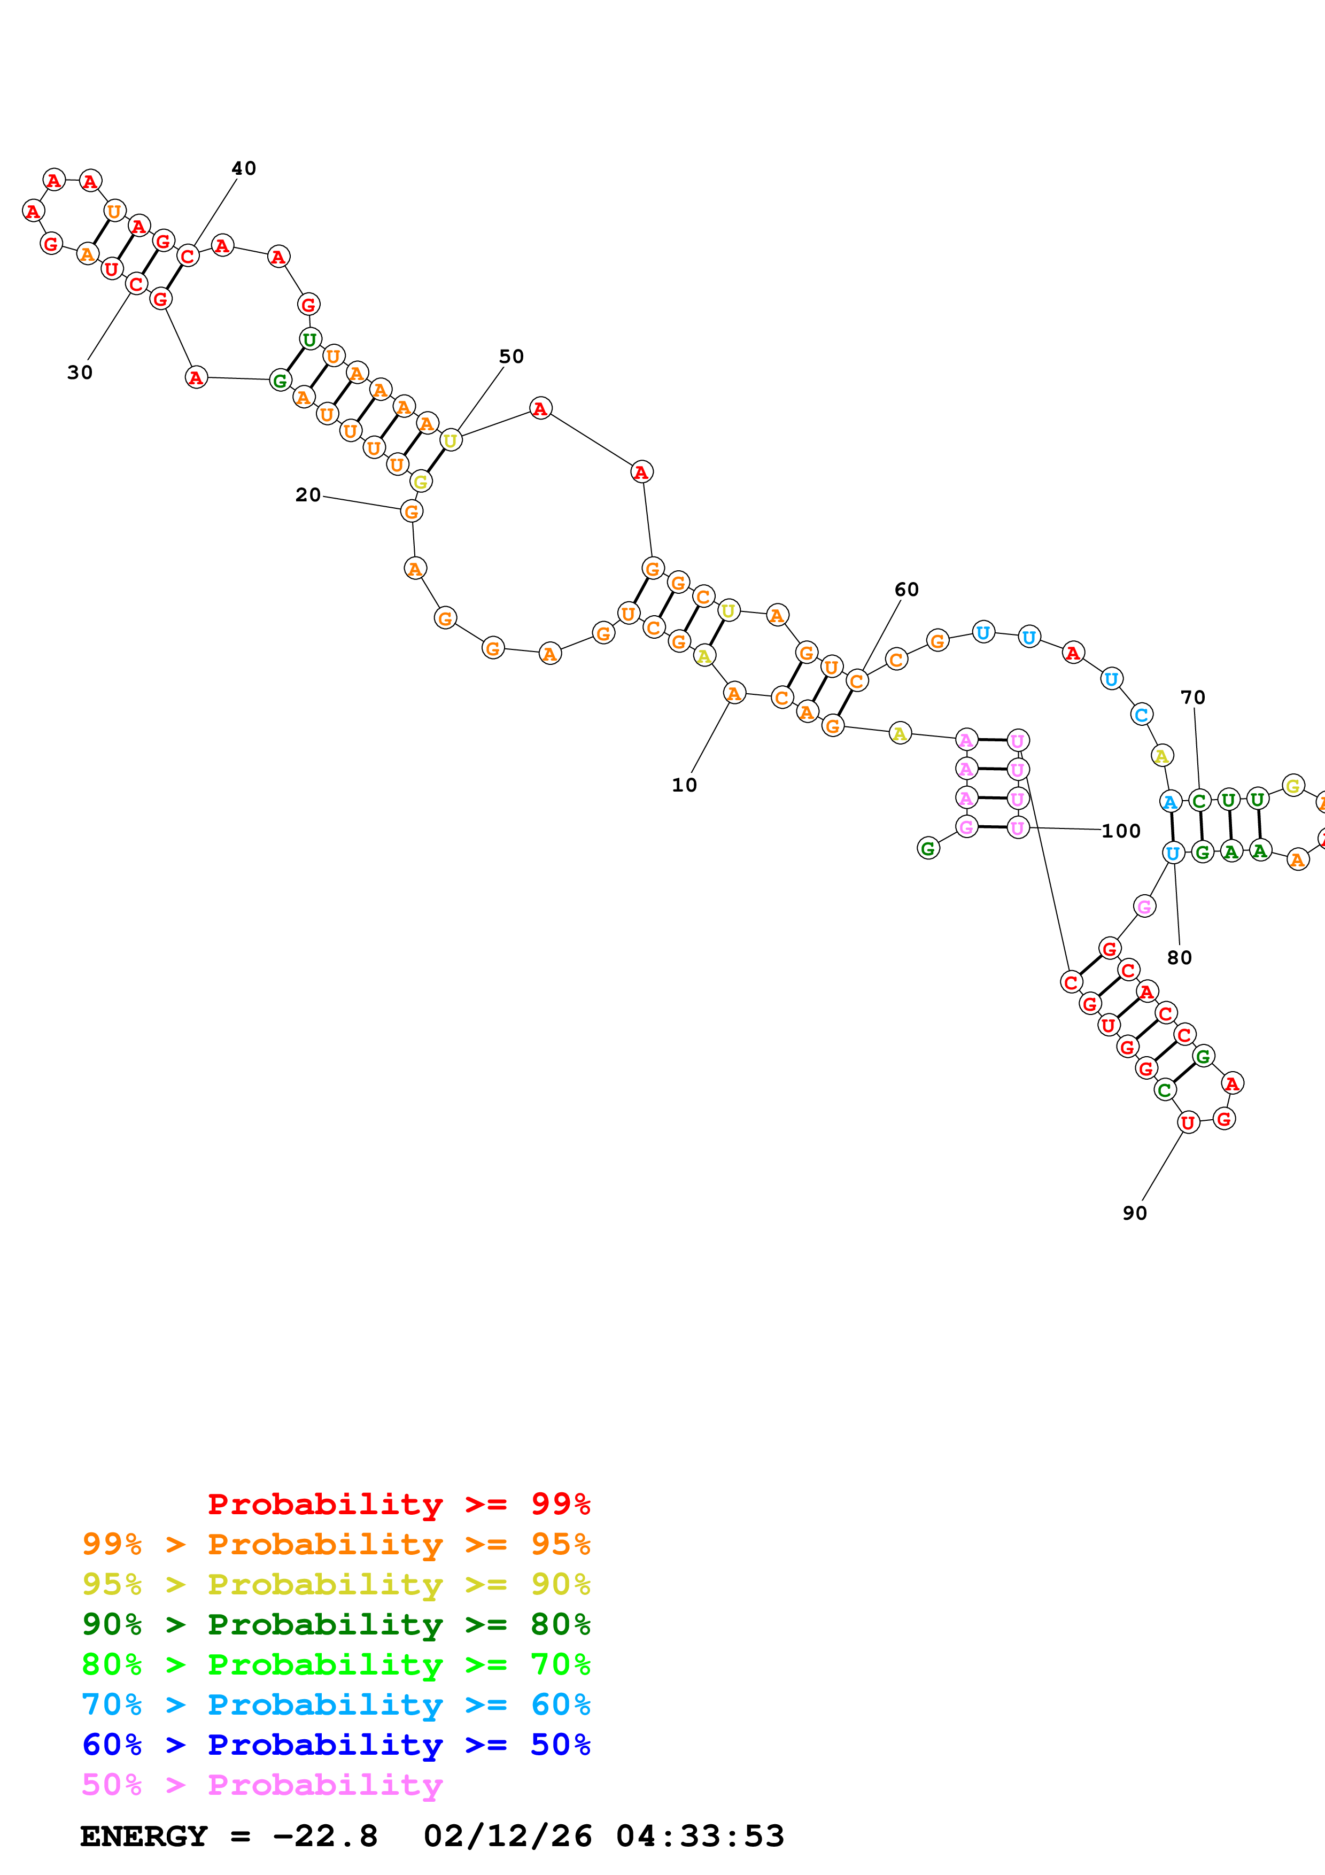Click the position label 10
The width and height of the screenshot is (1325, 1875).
pyautogui.click(x=684, y=785)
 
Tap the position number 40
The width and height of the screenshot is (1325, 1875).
pyautogui.click(x=243, y=168)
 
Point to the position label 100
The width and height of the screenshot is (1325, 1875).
pyautogui.click(x=1121, y=831)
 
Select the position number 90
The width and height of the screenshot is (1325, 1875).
pyautogui.click(x=1135, y=1213)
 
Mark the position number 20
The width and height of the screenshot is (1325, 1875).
pyautogui.click(x=308, y=495)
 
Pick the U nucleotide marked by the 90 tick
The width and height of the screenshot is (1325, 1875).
pyautogui.click(x=1188, y=1123)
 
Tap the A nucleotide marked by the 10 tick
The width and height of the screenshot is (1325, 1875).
pyautogui.click(x=734, y=693)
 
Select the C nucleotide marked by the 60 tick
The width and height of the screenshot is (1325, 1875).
pyautogui.click(x=856, y=680)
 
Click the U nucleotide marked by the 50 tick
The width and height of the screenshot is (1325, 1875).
pyautogui.click(x=450, y=441)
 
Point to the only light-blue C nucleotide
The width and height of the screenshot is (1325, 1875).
pyautogui.click(x=1141, y=715)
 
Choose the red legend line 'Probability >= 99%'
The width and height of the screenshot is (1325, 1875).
pyautogui.click(x=398, y=1504)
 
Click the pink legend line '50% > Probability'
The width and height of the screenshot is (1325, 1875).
pyautogui.click(x=262, y=1785)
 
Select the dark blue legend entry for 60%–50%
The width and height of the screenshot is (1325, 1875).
pyautogui.click(x=336, y=1745)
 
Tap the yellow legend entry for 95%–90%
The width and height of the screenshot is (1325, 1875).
pyautogui.click(x=336, y=1584)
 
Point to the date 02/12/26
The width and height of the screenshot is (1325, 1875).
pyautogui.click(x=507, y=1837)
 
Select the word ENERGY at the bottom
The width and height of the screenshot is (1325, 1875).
pyautogui.click(x=144, y=1837)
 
